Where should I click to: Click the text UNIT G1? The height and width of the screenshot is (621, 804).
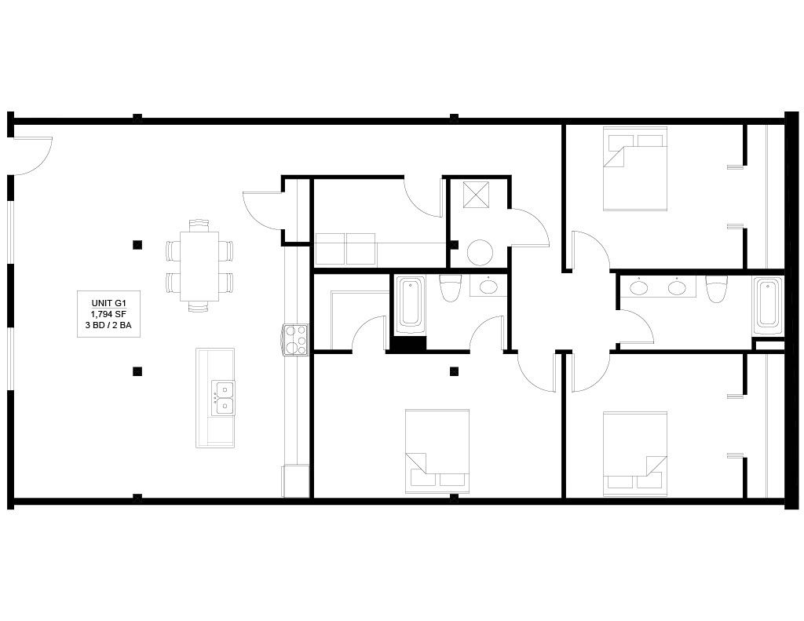108,303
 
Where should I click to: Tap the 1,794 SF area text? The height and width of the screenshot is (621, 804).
108,314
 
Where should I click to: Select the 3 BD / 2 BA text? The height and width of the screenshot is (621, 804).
108,324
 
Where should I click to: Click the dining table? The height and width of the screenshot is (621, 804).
199,266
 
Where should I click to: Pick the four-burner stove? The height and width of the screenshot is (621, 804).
296,340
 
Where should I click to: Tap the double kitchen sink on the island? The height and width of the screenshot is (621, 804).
224,398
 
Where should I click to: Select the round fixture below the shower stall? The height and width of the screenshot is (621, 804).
480,253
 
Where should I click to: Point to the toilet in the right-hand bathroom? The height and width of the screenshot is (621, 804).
716,289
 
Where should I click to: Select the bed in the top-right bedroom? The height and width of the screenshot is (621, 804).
634,168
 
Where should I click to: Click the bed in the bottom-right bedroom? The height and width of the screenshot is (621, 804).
634,454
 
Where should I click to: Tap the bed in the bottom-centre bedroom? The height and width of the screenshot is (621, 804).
437,451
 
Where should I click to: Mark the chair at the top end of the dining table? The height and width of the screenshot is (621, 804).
199,225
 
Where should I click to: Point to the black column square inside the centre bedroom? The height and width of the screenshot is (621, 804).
454,371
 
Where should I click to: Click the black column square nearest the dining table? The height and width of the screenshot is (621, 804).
137,245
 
